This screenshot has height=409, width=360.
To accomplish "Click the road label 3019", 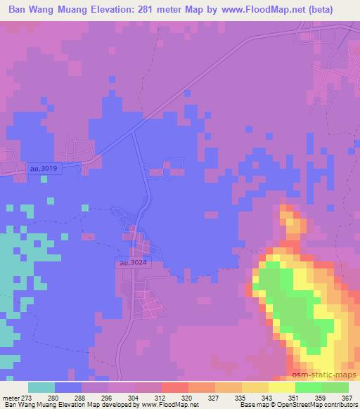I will coord(44,169).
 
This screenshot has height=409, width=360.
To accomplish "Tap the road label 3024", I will coord(131,262).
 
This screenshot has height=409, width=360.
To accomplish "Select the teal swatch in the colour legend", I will coord(41,387).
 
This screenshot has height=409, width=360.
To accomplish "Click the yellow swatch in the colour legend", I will coord(281,387).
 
